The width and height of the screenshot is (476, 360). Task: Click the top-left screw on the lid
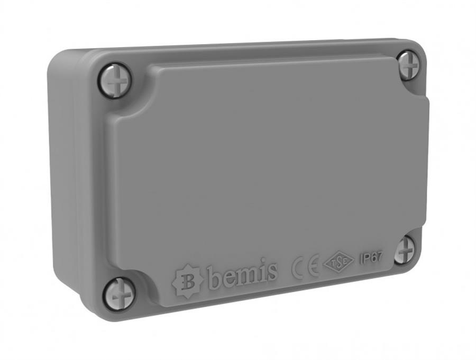coord(114,80)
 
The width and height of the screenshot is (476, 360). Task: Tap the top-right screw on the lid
coord(408,66)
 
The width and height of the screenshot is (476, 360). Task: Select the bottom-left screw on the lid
coord(118,294)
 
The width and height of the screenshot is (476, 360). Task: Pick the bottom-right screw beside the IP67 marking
coord(406,249)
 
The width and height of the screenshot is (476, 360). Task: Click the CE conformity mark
coord(305,268)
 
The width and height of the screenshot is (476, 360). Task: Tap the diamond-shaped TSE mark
coord(338,263)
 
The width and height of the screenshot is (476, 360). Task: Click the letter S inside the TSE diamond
coord(338,263)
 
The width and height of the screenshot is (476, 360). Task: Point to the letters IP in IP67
coord(364,260)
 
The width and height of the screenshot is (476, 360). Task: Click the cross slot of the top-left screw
coord(114,80)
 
